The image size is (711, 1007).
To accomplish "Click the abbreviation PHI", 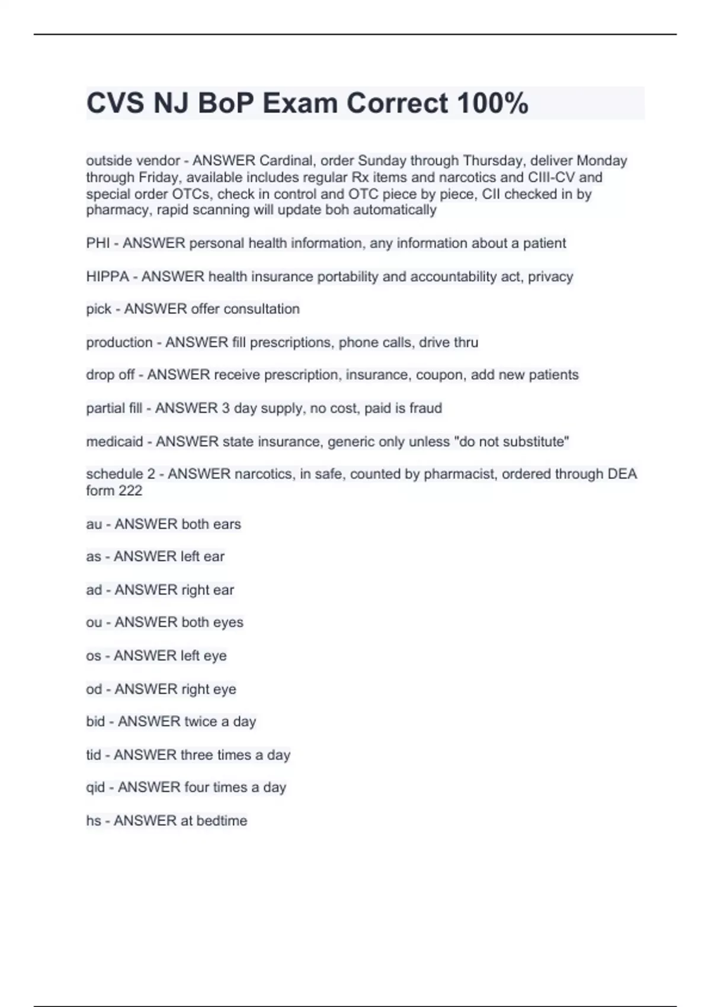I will coord(98,243).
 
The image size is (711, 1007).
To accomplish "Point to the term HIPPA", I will coord(107,277).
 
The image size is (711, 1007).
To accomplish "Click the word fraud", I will coord(425,408).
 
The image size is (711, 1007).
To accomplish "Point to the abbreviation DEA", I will coord(621,474).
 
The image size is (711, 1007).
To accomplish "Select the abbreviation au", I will coord(94,524).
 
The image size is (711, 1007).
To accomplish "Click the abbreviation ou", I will coord(94,623).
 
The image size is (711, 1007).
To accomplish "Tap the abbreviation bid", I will coord(95,721).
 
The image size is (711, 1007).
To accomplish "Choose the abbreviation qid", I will coord(95,787).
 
